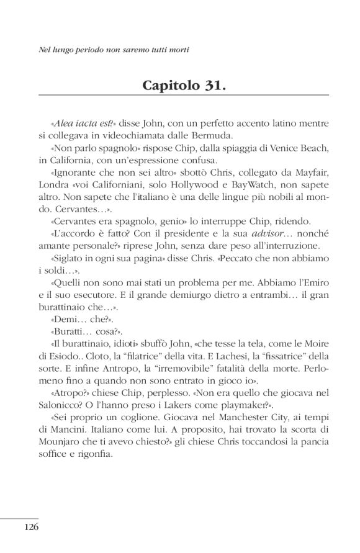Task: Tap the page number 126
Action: pyautogui.click(x=32, y=528)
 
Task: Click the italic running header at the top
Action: pyautogui.click(x=113, y=48)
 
